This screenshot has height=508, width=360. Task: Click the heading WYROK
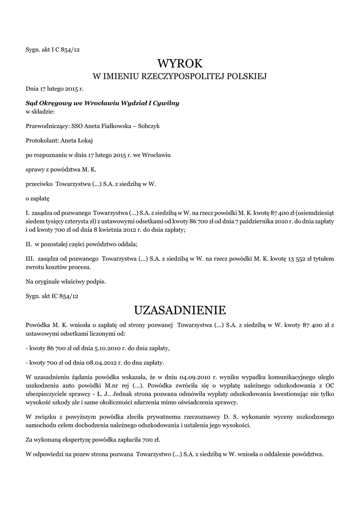[x=180, y=63]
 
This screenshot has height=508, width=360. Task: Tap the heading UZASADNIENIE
[x=180, y=311]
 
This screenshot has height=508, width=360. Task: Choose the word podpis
[x=96, y=281]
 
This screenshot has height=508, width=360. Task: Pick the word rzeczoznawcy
[x=186, y=417]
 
